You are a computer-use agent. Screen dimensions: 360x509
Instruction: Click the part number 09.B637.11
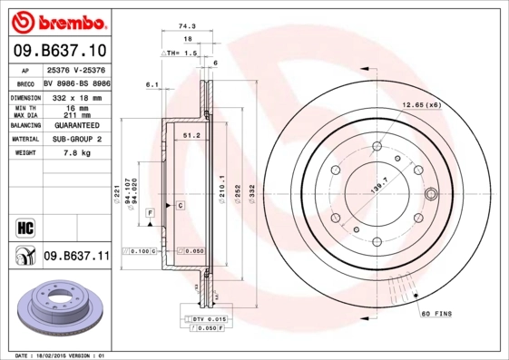click(76, 257)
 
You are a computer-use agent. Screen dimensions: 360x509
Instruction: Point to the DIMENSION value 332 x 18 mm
click(76, 95)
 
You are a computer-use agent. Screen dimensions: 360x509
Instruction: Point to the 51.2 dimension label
click(191, 135)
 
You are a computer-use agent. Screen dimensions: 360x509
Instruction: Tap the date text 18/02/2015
click(56, 355)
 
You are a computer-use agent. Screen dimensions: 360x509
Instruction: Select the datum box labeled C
click(180, 207)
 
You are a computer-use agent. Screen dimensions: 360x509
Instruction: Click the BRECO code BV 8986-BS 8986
click(76, 82)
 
